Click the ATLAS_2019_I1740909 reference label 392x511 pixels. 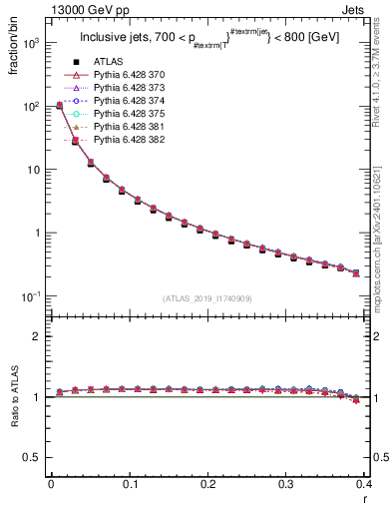[206, 298]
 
